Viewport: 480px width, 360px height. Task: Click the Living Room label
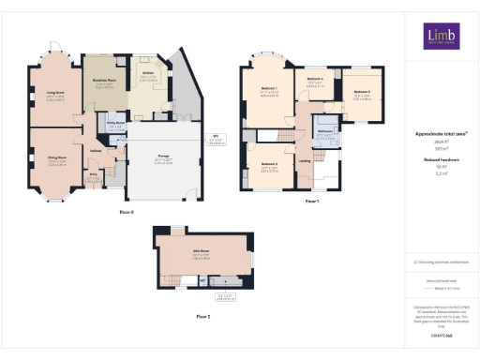[56, 94]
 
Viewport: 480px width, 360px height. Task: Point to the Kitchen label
[147, 72]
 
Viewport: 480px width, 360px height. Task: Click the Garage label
[162, 158]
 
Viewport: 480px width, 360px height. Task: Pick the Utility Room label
[116, 123]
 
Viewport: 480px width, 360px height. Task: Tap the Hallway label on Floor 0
[96, 149]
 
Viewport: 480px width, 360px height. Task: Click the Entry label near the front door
[93, 173]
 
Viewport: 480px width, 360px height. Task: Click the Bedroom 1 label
[270, 90]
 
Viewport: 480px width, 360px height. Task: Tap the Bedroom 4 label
[315, 78]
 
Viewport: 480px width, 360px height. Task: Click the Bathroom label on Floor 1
[325, 131]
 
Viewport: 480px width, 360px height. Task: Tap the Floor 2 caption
[202, 317]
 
